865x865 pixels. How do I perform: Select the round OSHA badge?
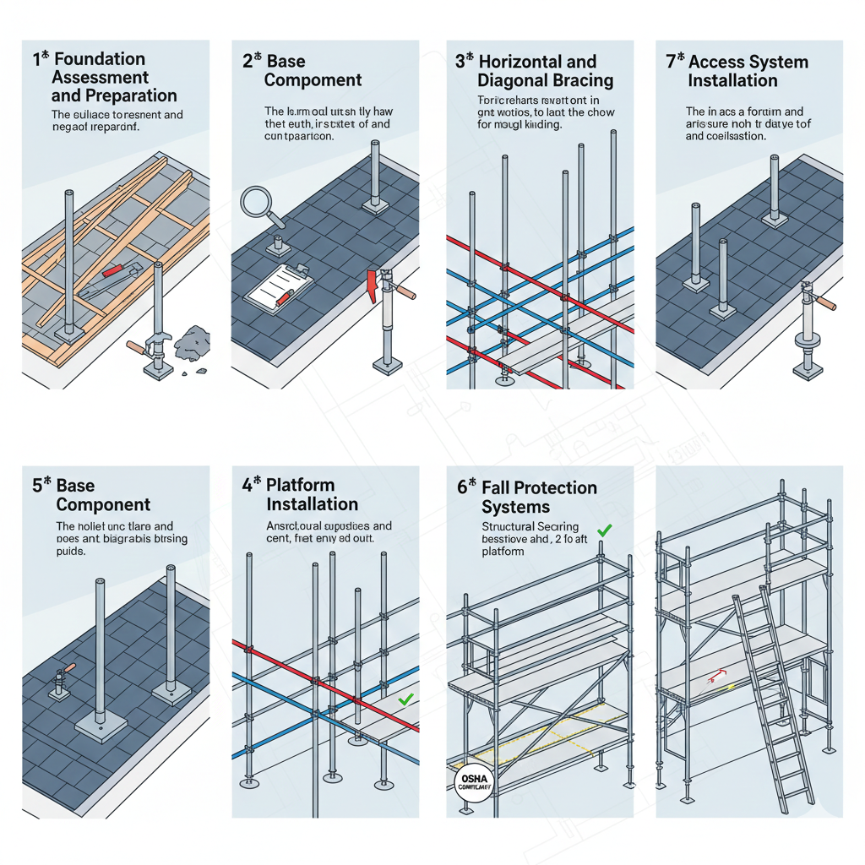tap(466, 778)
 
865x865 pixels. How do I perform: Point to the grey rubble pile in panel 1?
tap(191, 342)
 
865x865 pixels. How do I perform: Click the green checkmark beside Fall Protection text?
tap(604, 530)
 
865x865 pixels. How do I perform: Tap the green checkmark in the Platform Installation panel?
tap(405, 699)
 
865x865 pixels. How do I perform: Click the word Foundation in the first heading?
tap(100, 59)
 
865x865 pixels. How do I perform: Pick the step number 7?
tap(671, 62)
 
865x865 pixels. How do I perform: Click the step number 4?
tap(248, 485)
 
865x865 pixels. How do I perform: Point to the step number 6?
tap(462, 487)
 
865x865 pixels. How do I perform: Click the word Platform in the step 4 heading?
tap(301, 485)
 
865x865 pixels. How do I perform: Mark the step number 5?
tap(37, 486)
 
